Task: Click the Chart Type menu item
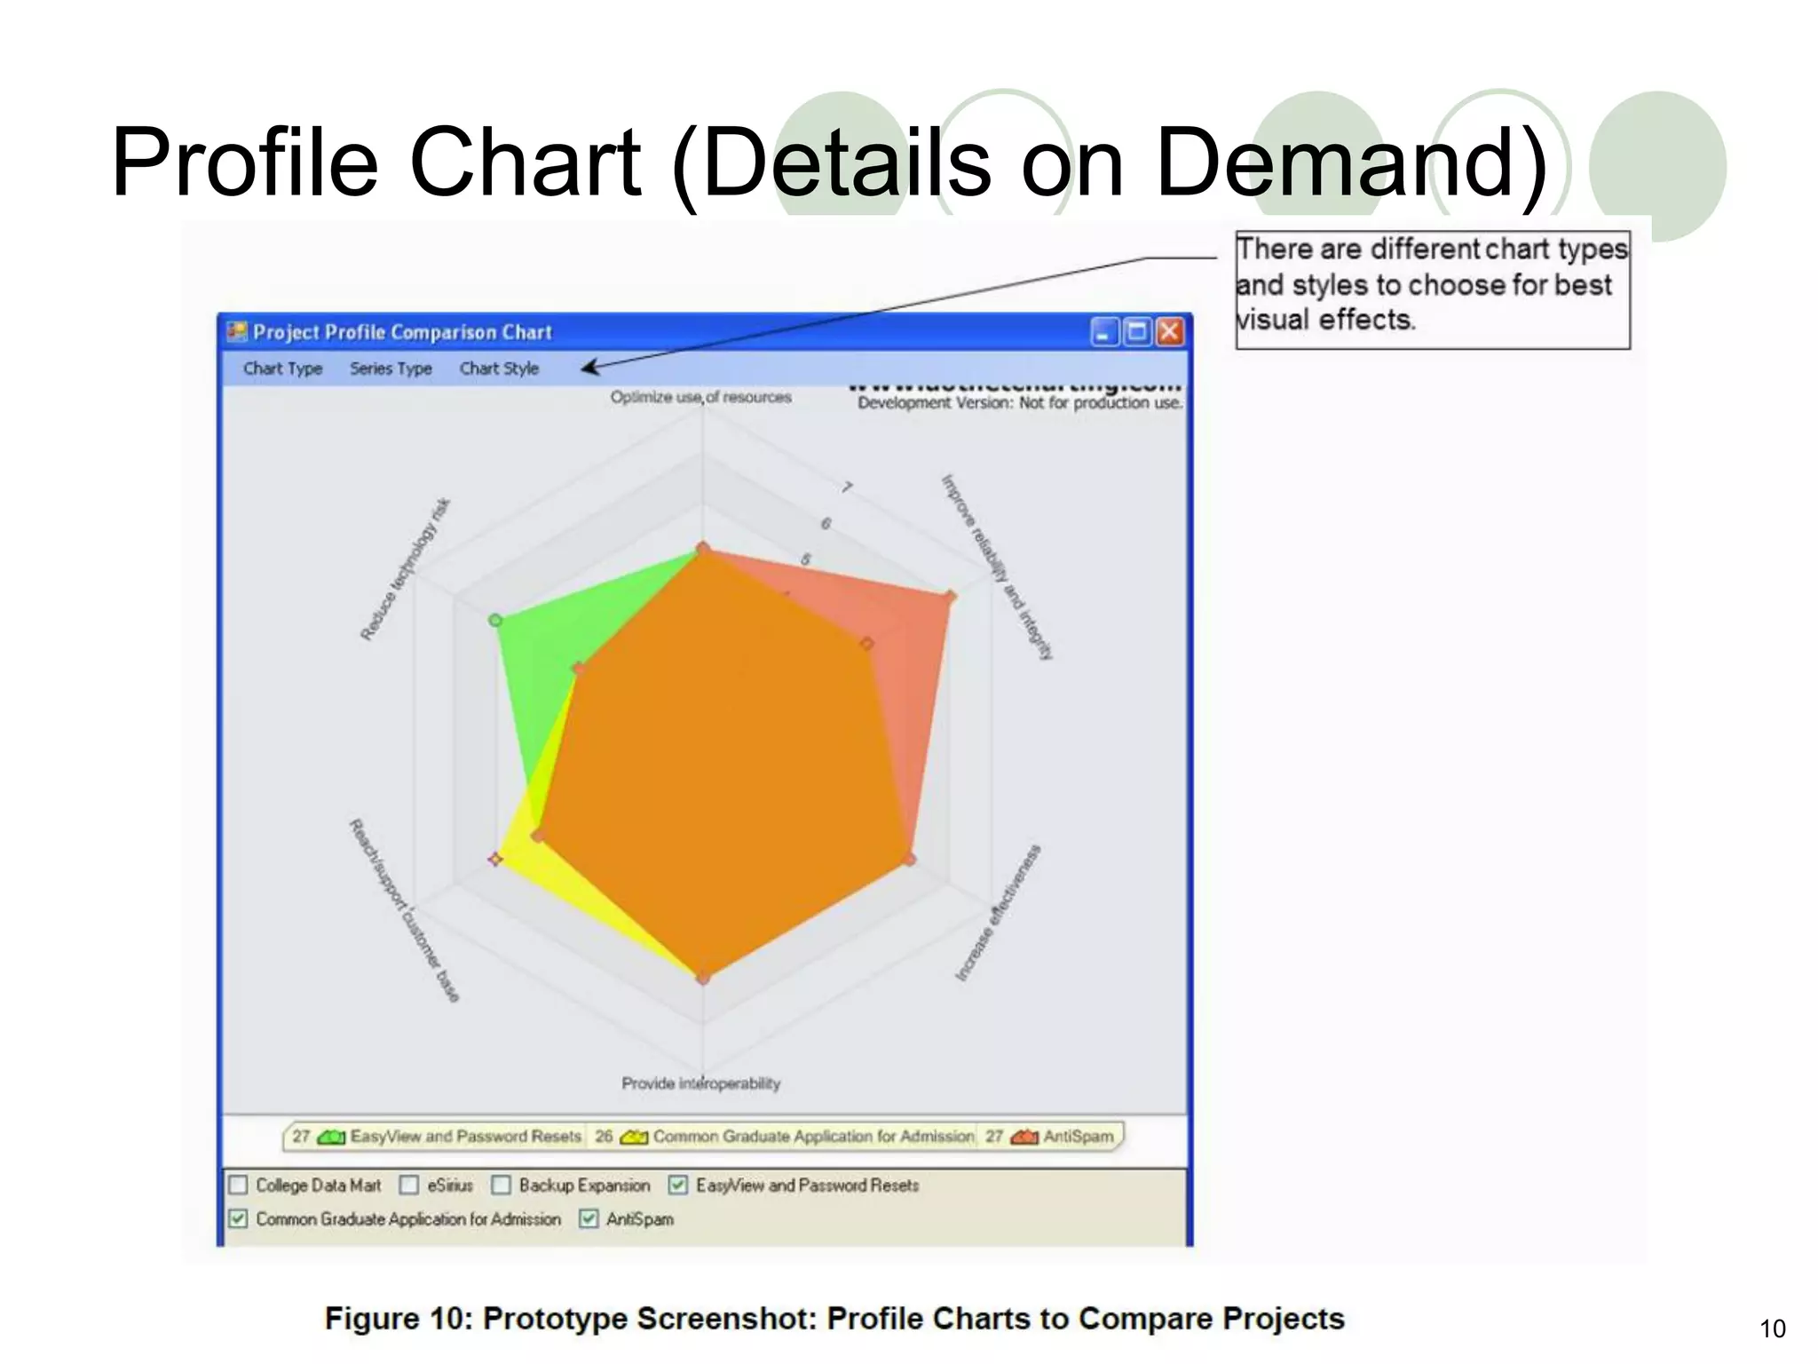282,369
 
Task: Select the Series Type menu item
391,369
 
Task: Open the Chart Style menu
499,369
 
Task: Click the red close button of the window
1170,332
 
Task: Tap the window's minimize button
1103,332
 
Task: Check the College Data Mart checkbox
238,1186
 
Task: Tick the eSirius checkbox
409,1186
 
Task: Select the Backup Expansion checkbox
502,1186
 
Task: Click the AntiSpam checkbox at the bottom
589,1219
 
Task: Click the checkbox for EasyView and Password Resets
678,1186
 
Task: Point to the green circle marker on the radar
496,620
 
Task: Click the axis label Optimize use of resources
700,397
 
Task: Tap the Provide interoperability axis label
701,1083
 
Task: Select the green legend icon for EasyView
331,1138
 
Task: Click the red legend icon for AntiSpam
1024,1138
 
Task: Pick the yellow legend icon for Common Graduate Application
634,1138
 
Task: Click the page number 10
1772,1329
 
